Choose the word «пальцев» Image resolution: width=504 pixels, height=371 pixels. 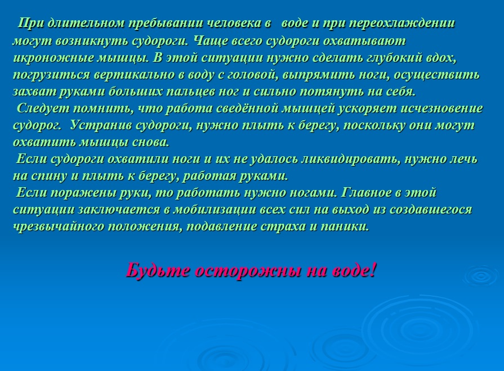pyautogui.click(x=190, y=92)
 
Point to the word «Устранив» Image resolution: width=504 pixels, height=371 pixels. pyautogui.click(x=101, y=125)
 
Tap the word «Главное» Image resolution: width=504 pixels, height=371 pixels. pyautogui.click(x=366, y=193)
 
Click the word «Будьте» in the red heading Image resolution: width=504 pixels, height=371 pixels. pyautogui.click(x=158, y=270)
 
